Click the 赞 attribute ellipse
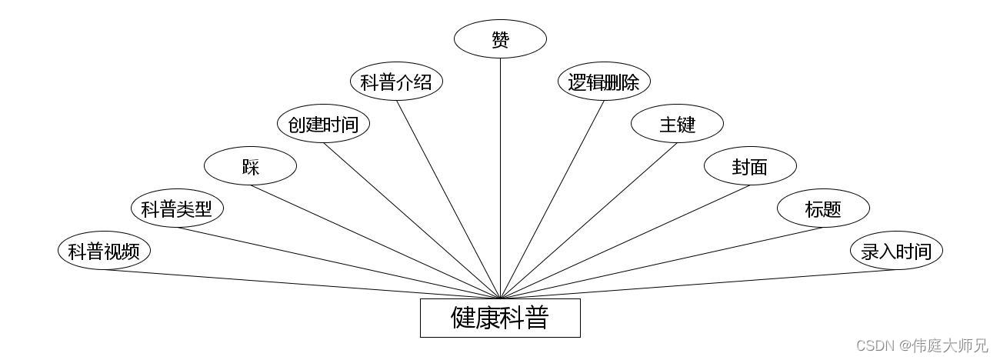pos(500,39)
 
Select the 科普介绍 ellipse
pos(396,82)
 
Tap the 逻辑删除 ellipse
pos(604,82)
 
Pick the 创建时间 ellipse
pos(323,124)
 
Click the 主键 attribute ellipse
pos(677,124)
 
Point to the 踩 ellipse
pos(250,166)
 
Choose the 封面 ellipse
pos(750,166)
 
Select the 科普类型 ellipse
pos(177,208)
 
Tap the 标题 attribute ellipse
pos(823,208)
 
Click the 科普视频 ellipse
pos(104,251)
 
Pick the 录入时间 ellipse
pos(896,251)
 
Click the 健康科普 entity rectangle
pos(500,318)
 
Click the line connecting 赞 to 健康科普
pos(500,177)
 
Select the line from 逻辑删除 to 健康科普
pos(552,199)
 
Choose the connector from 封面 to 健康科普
pos(625,242)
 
